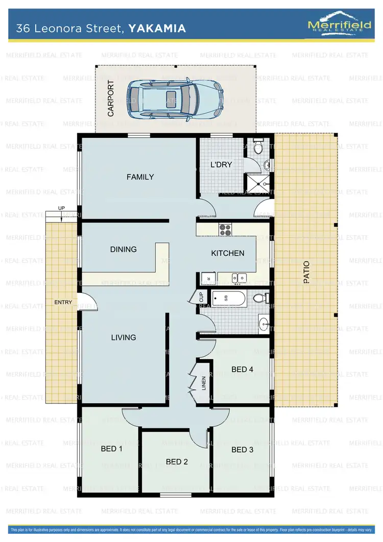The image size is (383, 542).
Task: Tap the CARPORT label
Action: click(111, 98)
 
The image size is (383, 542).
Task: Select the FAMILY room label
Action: click(140, 177)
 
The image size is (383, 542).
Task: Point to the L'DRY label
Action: click(222, 164)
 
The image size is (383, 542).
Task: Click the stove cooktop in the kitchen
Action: click(225, 230)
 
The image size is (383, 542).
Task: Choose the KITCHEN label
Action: click(228, 253)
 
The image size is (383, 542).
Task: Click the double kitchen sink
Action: click(239, 278)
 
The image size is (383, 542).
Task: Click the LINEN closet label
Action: click(204, 383)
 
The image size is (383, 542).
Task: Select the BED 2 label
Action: click(177, 462)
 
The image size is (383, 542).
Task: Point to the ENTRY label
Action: click(63, 303)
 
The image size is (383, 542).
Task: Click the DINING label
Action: click(124, 250)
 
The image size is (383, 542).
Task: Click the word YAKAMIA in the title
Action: click(157, 29)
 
